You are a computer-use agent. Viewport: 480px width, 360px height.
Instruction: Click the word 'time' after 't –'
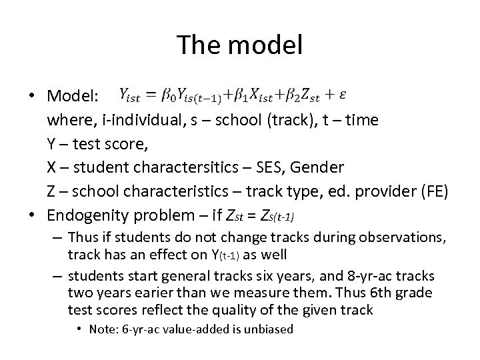[x=363, y=120]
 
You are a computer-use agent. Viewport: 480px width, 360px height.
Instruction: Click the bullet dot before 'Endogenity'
[x=33, y=216]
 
